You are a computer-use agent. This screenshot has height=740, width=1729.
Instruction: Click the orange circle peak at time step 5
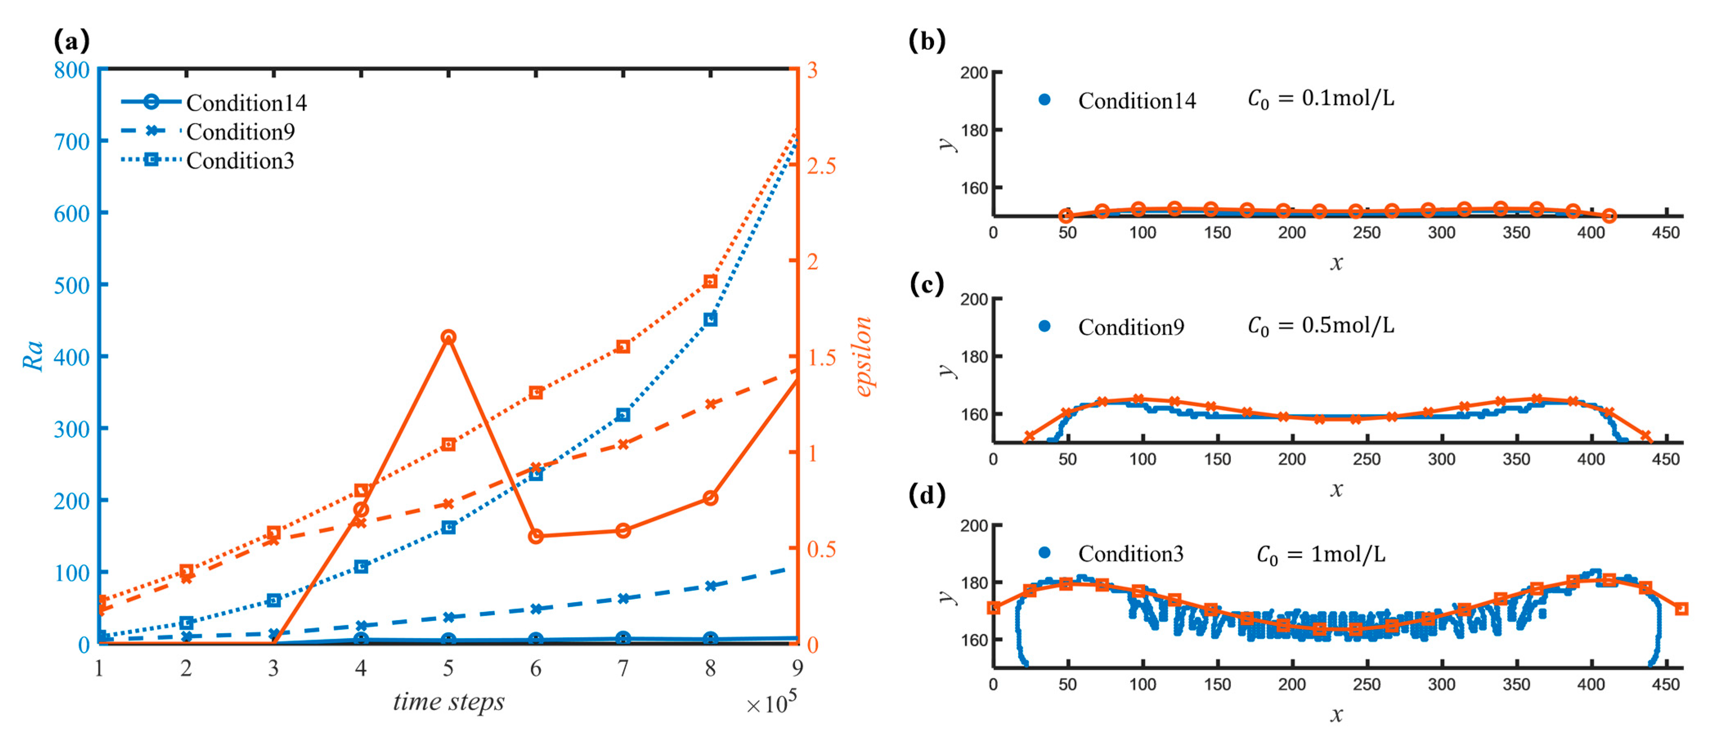448,337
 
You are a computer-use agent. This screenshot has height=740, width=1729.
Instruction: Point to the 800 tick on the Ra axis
71,70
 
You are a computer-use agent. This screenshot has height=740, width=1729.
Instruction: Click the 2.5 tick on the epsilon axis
821,166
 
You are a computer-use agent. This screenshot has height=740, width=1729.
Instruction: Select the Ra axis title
33,355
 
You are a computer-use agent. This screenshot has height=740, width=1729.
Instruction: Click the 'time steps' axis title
448,702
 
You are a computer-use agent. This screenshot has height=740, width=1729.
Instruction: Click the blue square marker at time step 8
710,320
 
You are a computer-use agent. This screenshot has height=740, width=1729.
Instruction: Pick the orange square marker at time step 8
710,281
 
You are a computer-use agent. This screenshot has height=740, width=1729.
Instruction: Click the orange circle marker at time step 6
535,536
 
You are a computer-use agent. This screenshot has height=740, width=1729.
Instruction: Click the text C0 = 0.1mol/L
1320,99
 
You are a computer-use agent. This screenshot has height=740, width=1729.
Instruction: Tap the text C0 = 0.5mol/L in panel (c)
1320,326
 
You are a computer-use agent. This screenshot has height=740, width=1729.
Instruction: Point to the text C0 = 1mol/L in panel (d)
1320,554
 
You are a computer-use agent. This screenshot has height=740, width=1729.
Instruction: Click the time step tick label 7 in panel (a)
623,668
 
